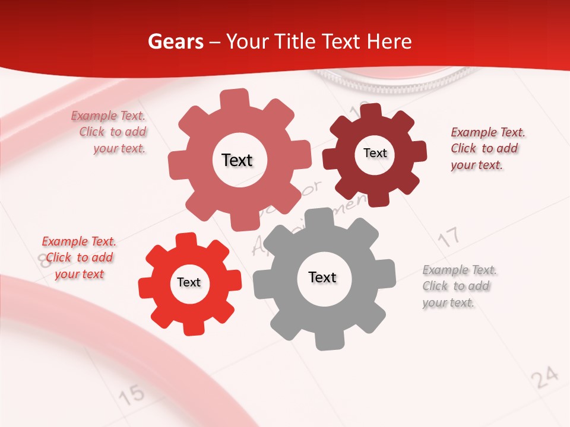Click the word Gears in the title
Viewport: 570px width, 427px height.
point(175,42)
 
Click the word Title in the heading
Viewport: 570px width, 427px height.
point(296,42)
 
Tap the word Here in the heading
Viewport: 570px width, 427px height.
point(390,42)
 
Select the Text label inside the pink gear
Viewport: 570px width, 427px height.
point(237,160)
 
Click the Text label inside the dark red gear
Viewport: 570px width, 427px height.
point(375,153)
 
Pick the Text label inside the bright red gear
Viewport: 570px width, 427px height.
point(189,282)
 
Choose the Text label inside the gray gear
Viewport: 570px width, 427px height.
point(322,278)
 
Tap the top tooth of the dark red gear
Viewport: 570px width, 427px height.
point(370,112)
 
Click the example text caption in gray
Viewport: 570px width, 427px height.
point(460,286)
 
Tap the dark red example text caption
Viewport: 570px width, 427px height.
point(487,148)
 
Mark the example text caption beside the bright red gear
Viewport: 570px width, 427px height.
point(78,257)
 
